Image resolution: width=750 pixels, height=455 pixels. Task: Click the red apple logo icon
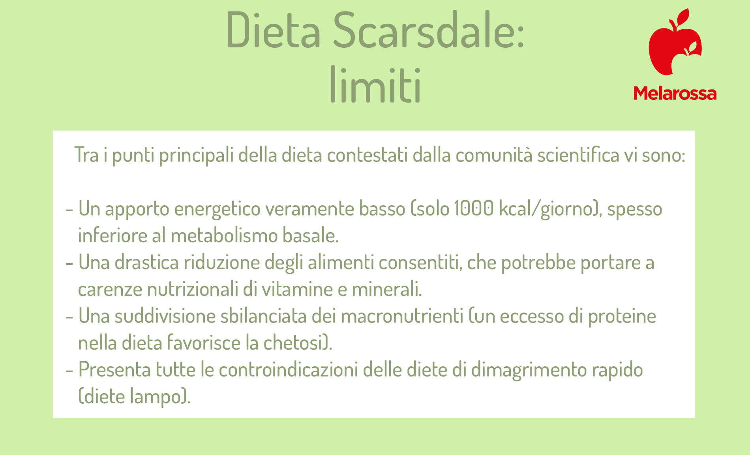(x=675, y=42)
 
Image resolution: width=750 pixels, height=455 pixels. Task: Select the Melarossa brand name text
(x=675, y=94)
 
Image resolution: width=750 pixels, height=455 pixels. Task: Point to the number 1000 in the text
(x=473, y=208)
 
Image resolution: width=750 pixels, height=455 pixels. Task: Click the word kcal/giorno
(x=546, y=209)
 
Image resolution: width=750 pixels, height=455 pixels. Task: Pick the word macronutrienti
(x=402, y=316)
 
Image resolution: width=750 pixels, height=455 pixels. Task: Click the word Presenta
(x=115, y=370)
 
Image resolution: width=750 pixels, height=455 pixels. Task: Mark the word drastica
(x=147, y=262)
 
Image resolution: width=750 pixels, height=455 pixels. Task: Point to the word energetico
(x=217, y=210)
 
